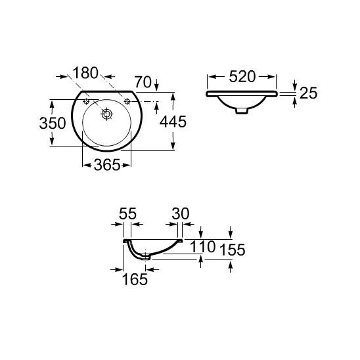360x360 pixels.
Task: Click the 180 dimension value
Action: (x=85, y=73)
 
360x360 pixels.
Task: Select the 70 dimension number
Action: (x=143, y=82)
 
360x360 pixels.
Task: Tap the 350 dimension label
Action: (x=53, y=123)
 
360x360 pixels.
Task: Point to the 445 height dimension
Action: (x=173, y=122)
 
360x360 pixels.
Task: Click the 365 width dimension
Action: (x=107, y=165)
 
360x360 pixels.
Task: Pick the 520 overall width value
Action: (x=242, y=76)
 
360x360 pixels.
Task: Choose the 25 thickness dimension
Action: (x=309, y=93)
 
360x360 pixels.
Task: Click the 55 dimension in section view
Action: (x=127, y=214)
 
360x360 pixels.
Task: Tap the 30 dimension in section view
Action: (x=181, y=214)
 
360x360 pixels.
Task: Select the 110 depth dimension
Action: (x=203, y=246)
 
